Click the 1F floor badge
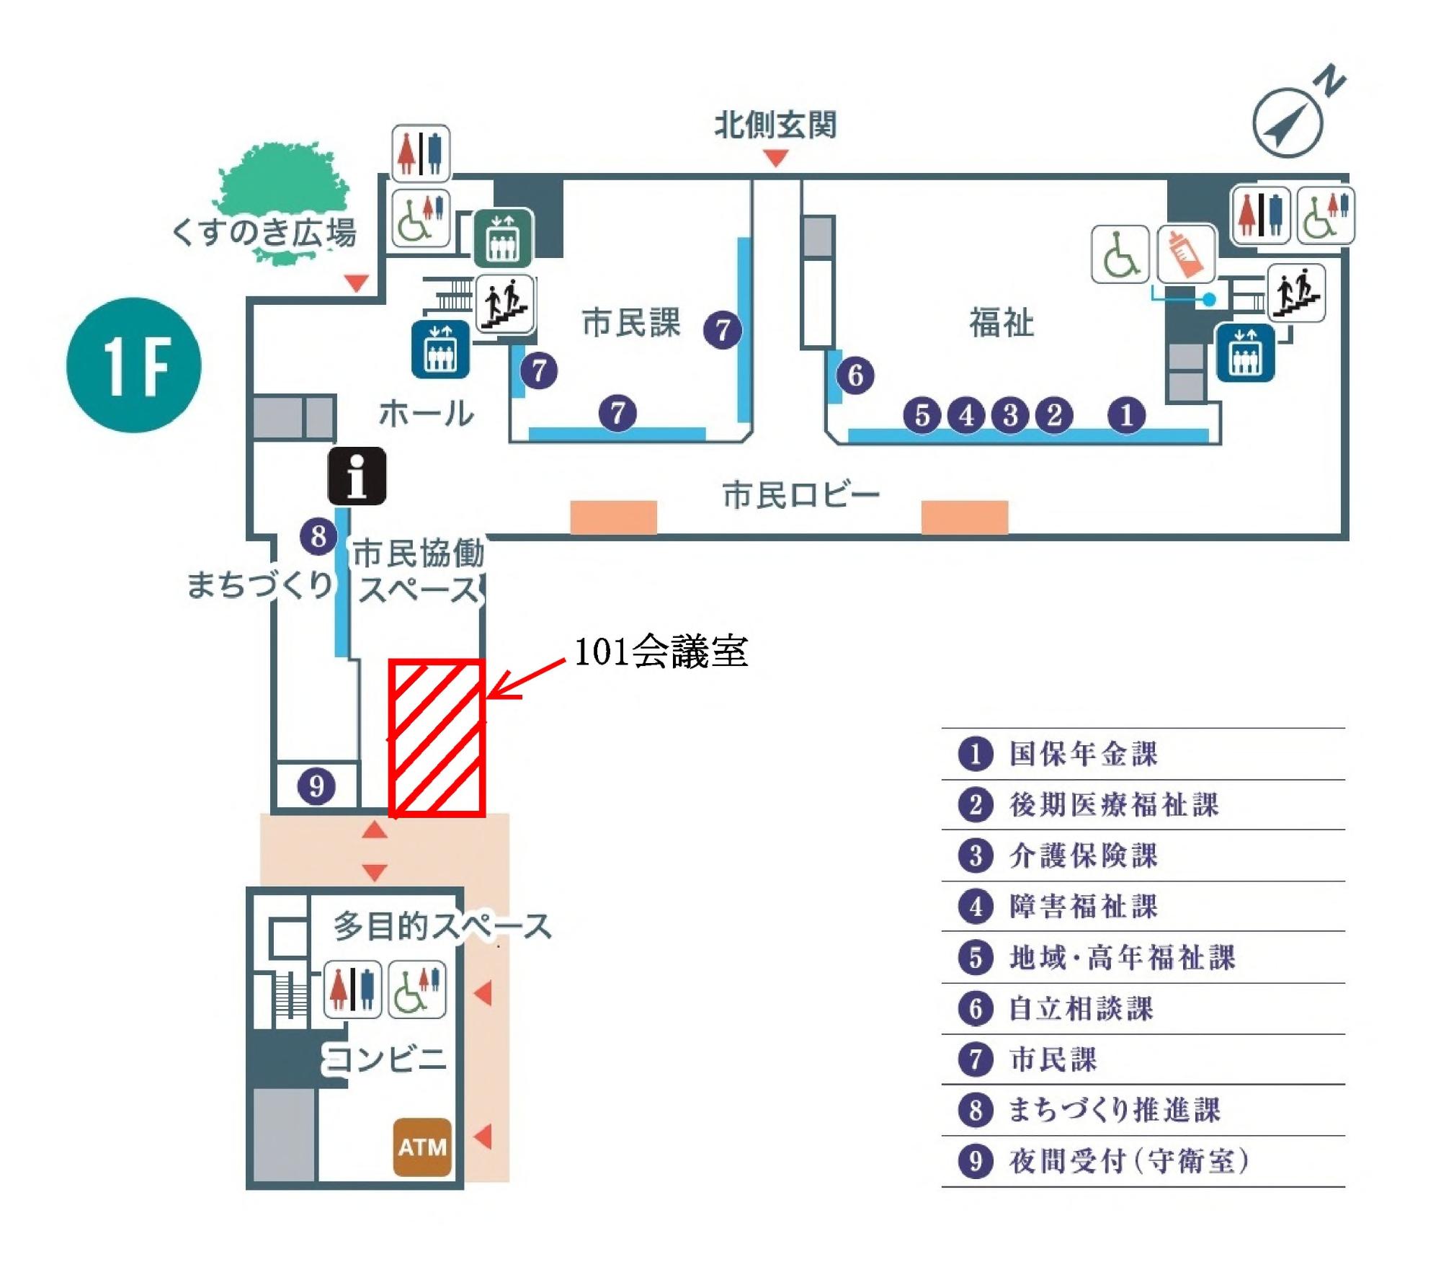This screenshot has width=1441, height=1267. pyautogui.click(x=134, y=365)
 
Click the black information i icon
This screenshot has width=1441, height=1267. pyautogui.click(x=357, y=476)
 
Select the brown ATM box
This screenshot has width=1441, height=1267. pyautogui.click(x=422, y=1147)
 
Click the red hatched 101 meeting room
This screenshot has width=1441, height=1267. pyautogui.click(x=437, y=738)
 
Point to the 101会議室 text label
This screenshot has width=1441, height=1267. pyautogui.click(x=661, y=652)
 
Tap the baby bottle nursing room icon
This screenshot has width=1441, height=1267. pyautogui.click(x=1186, y=254)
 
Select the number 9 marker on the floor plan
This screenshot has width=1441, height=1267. pyautogui.click(x=317, y=786)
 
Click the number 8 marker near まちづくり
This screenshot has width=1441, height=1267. pyautogui.click(x=318, y=536)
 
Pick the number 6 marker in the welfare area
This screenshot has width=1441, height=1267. pyautogui.click(x=855, y=375)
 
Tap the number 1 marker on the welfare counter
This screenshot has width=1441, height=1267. pyautogui.click(x=1127, y=415)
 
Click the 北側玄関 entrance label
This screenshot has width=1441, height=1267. pyautogui.click(x=775, y=125)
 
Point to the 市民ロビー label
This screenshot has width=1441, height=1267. pyautogui.click(x=800, y=496)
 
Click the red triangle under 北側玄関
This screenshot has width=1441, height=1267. pyautogui.click(x=775, y=157)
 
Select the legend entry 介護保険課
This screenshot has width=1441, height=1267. pyautogui.click(x=1083, y=855)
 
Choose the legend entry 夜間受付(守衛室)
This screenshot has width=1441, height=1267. pyautogui.click(x=1128, y=1161)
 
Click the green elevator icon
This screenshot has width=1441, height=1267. pyautogui.click(x=504, y=237)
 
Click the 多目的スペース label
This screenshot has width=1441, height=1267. pyautogui.click(x=442, y=926)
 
